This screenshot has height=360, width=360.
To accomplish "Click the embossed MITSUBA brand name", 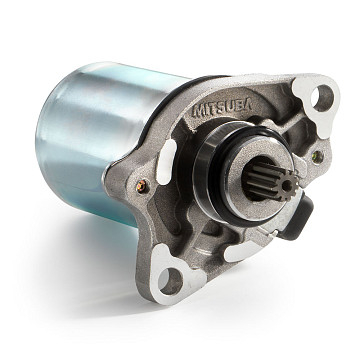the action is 222,107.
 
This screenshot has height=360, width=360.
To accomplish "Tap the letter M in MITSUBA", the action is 198,112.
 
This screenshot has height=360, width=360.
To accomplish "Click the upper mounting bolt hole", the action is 322,98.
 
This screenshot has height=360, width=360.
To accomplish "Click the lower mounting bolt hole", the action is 170,281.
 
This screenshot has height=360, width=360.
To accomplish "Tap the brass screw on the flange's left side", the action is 142,186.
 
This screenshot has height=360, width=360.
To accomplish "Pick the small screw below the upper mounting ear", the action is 317,157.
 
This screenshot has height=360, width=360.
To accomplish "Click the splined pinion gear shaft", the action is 270,182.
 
